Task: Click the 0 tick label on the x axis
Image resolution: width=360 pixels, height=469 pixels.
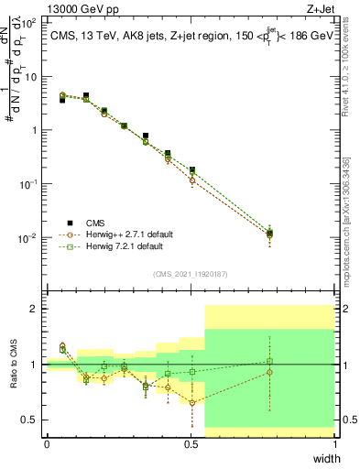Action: coord(47,444)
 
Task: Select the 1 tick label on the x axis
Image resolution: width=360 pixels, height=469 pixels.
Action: coord(335,444)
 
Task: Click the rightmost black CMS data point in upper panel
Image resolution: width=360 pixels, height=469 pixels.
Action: coord(270,234)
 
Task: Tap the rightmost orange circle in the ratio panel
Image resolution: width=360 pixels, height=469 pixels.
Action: coord(270,372)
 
